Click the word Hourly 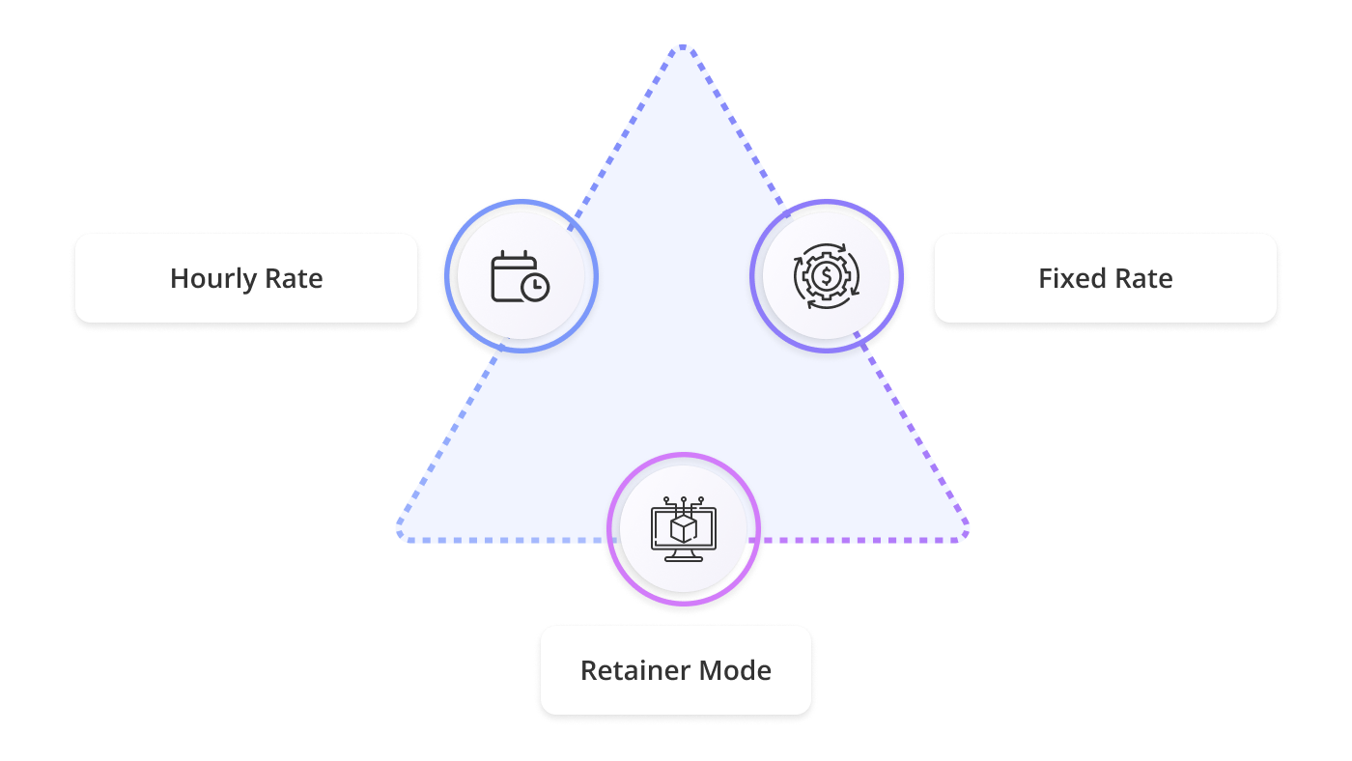tap(208, 279)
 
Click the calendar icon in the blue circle tap(520, 276)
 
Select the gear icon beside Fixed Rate tap(827, 276)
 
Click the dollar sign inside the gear tap(827, 276)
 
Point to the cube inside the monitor tap(684, 527)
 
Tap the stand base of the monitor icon tap(684, 557)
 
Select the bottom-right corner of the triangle tap(962, 537)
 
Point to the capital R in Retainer tap(588, 670)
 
